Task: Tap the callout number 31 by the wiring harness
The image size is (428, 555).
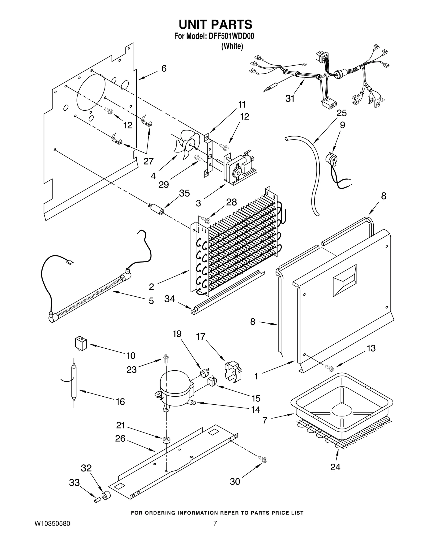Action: point(290,99)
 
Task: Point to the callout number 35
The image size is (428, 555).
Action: point(184,193)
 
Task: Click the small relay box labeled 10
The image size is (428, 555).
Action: point(81,344)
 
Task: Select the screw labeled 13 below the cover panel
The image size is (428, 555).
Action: point(328,368)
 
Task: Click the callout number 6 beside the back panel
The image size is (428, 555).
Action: point(164,69)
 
